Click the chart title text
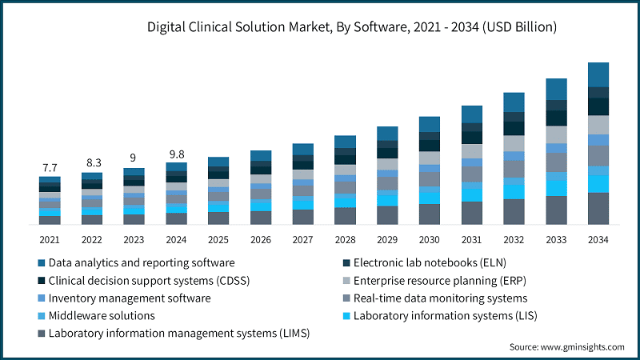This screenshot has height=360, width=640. (x=352, y=27)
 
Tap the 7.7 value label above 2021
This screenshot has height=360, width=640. (x=50, y=167)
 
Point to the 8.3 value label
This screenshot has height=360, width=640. (x=92, y=162)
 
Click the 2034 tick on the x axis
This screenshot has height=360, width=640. (x=598, y=239)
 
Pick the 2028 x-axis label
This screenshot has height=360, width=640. (x=345, y=239)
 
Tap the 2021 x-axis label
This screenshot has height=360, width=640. (x=50, y=239)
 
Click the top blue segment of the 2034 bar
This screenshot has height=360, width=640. (x=598, y=74)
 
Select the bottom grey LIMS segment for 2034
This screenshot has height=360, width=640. (x=598, y=208)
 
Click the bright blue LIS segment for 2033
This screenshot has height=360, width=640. (x=556, y=187)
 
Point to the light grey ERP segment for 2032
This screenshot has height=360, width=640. (x=514, y=143)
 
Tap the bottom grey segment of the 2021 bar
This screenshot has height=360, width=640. (x=50, y=219)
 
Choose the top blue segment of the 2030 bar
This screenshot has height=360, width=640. (x=430, y=124)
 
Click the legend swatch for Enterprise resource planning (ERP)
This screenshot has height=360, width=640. (x=346, y=280)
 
